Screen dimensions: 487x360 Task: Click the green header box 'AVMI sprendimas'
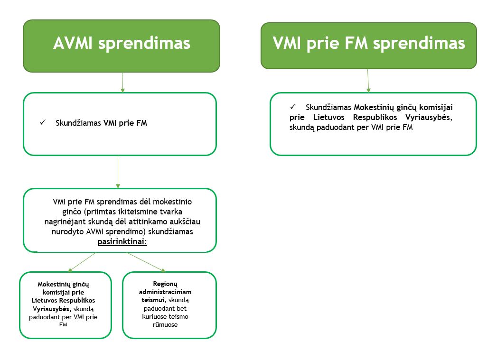click(122, 46)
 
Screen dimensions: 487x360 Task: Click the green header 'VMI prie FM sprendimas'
click(369, 46)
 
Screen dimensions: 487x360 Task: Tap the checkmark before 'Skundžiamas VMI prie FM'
click(43, 122)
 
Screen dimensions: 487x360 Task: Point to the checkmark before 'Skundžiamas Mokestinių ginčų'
click(292, 107)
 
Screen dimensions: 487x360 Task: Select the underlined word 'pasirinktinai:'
click(122, 241)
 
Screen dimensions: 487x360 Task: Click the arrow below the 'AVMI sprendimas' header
click(122, 83)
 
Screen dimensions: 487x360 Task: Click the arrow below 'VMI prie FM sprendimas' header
click(368, 81)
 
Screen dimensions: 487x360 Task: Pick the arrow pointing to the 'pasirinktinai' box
click(118, 172)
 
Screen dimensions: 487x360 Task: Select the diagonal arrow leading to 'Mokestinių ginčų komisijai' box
click(82, 262)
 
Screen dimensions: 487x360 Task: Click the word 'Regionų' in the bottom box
click(165, 284)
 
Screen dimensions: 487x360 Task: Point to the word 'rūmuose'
click(165, 324)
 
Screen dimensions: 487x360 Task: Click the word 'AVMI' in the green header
click(73, 43)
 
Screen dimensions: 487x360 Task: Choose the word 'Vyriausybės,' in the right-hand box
click(429, 117)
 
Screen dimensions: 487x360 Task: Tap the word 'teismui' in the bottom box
click(153, 300)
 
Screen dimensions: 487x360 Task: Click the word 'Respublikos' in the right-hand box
click(375, 118)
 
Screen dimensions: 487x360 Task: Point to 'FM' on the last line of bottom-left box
click(63, 324)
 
